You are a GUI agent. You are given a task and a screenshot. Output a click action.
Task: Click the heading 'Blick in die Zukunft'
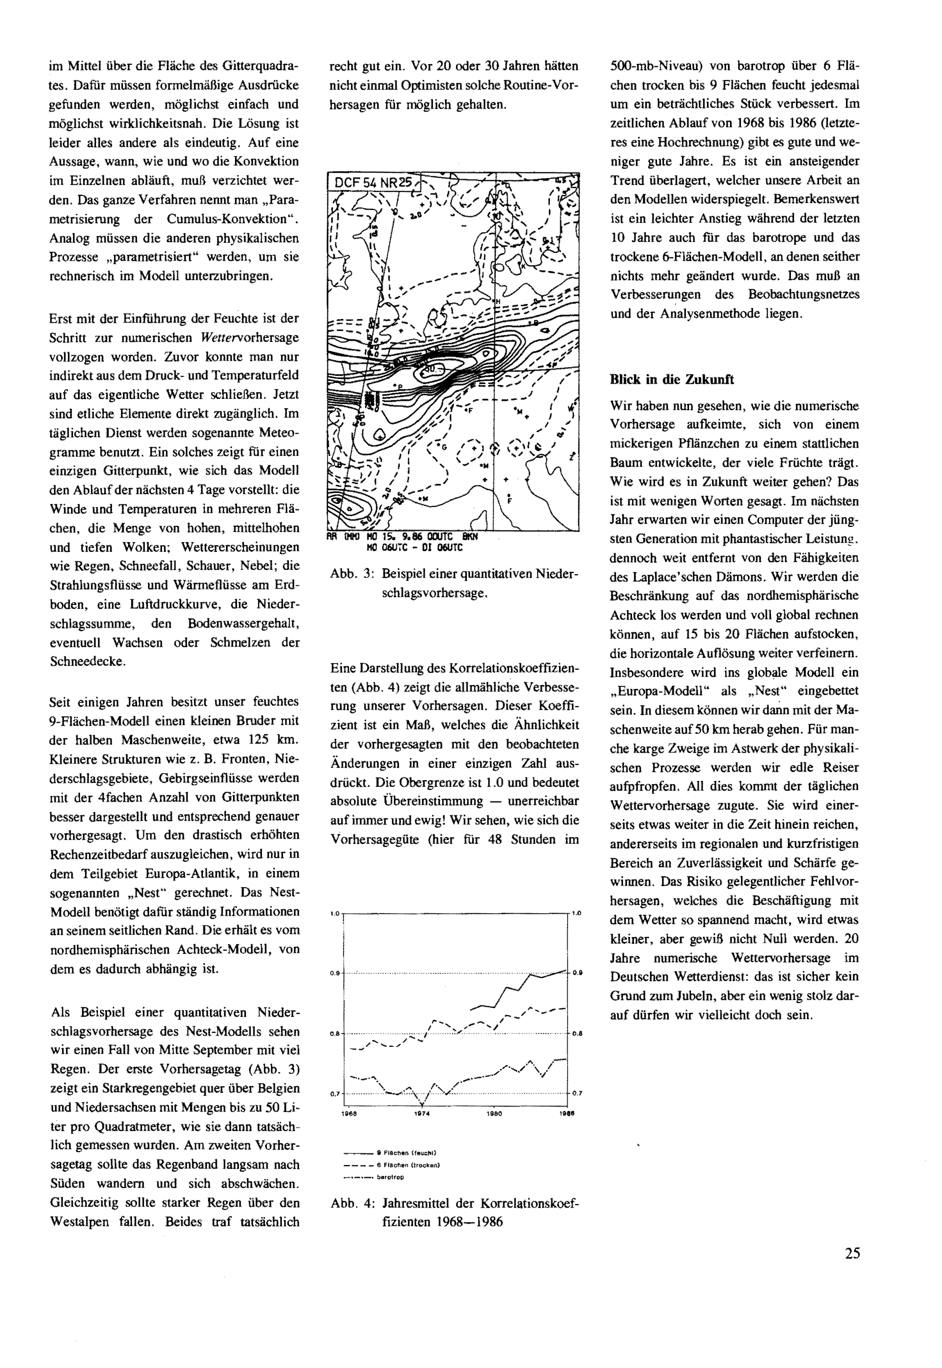pyautogui.click(x=672, y=380)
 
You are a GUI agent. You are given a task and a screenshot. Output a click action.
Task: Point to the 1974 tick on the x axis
pyautogui.click(x=422, y=1114)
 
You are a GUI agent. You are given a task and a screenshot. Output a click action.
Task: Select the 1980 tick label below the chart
pyautogui.click(x=494, y=1114)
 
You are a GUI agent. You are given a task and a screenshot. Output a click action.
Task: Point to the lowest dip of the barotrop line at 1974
pyautogui.click(x=422, y=1104)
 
